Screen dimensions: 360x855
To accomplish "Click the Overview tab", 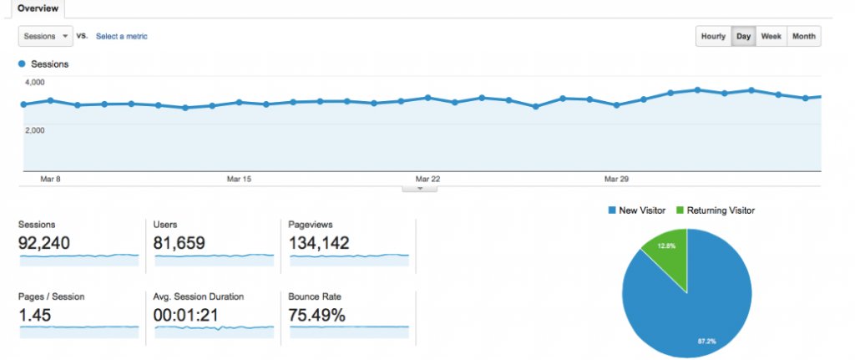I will [x=38, y=8].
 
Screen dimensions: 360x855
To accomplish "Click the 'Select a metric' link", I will [x=122, y=37].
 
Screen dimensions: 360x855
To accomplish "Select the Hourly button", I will [x=713, y=37].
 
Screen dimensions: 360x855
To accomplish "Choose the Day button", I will [x=743, y=37].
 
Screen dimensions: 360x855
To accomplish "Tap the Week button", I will [x=771, y=37].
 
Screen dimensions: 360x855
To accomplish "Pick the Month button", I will [x=804, y=37].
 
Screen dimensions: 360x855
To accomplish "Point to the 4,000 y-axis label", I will [x=35, y=82].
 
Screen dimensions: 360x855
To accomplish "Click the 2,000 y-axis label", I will [x=35, y=129].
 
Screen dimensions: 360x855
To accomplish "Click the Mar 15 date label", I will [x=239, y=179].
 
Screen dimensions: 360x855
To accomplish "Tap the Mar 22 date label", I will [x=427, y=179].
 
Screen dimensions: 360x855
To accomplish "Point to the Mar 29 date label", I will [x=616, y=179].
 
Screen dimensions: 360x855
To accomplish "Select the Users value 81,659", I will [x=180, y=243].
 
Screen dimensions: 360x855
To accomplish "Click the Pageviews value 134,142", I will [x=319, y=243].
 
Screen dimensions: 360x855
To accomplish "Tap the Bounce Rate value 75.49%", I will [x=316, y=315].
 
